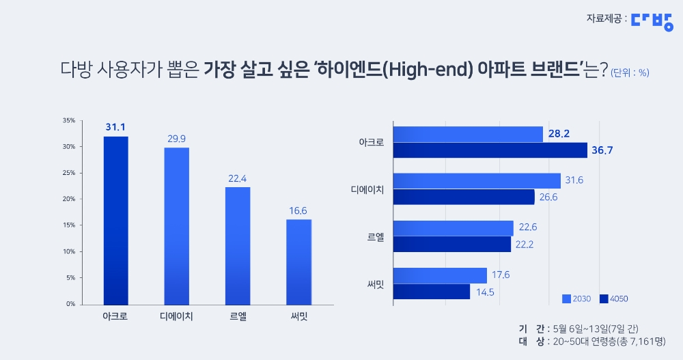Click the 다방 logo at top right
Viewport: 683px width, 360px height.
pos(652,20)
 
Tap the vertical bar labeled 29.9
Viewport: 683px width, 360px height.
pos(177,225)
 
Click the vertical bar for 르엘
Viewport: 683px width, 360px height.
pos(238,245)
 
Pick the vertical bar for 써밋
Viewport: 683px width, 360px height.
pos(298,262)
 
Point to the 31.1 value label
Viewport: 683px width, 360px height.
pos(115,127)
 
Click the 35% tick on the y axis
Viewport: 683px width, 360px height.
pos(68,121)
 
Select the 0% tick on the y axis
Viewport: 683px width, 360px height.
pos(70,304)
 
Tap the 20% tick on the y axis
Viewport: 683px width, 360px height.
pos(68,199)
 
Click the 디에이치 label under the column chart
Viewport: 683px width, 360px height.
pos(177,317)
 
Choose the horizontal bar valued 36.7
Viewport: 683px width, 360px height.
pos(490,150)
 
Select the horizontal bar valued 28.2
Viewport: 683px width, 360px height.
pos(468,134)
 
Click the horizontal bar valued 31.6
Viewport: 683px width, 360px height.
pos(477,181)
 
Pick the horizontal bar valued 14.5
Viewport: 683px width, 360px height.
pos(432,292)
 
